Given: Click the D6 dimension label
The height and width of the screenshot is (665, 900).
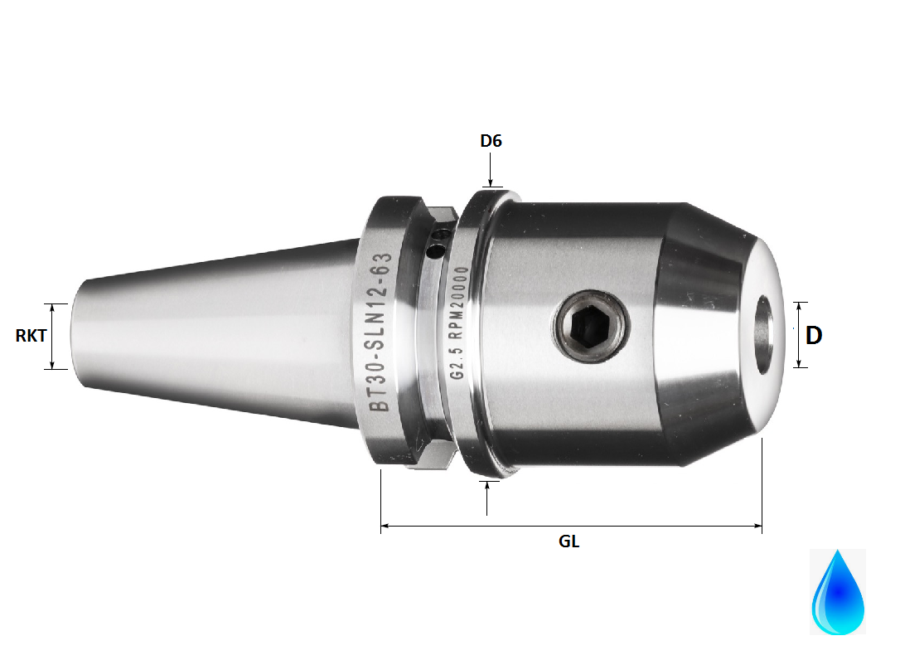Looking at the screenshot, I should tap(491, 141).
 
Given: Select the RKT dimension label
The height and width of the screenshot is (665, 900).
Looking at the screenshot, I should tap(31, 336).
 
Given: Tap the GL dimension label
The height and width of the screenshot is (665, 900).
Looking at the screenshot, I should tap(569, 541).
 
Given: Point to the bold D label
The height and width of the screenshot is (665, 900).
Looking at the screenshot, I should tap(814, 335).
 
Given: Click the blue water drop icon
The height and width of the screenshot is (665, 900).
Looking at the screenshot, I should tap(838, 592).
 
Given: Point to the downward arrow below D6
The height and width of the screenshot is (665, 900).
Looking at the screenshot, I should tap(491, 182).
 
